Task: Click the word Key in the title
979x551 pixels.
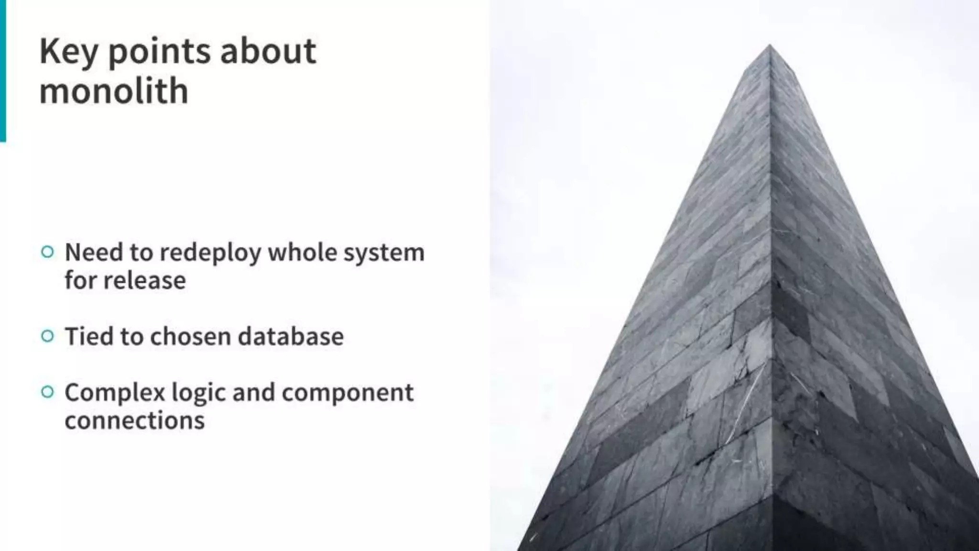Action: (x=68, y=52)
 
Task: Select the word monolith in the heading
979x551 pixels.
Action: (x=114, y=91)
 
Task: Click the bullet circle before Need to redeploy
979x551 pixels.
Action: (x=47, y=252)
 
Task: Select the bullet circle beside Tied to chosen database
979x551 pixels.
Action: (x=47, y=336)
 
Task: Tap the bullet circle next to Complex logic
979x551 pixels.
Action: (x=47, y=392)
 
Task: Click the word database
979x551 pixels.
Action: (x=291, y=336)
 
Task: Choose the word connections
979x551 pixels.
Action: (x=134, y=421)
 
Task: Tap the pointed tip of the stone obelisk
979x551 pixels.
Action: (x=770, y=47)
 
